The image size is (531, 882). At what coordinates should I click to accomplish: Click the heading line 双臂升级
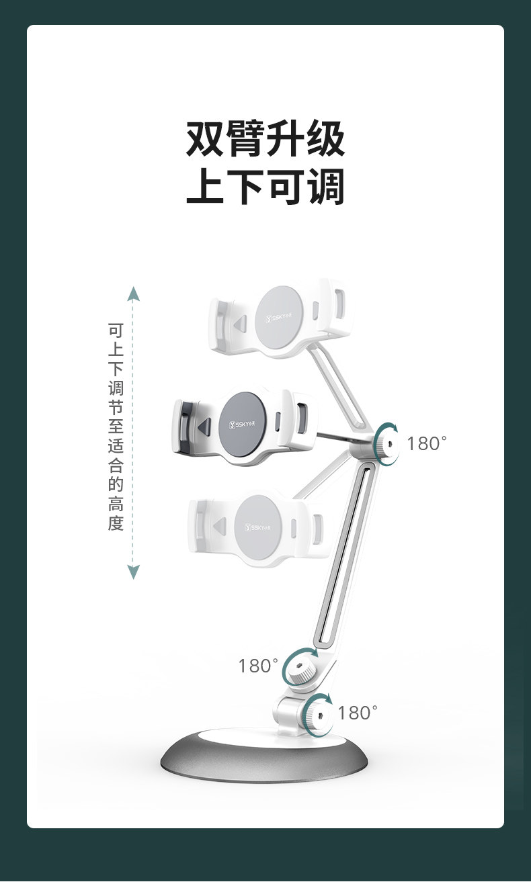pyautogui.click(x=265, y=138)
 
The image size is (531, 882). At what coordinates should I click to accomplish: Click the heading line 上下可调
pyautogui.click(x=265, y=186)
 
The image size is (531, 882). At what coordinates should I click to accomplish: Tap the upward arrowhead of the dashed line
pyautogui.click(x=133, y=294)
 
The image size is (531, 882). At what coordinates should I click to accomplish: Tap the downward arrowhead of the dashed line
pyautogui.click(x=133, y=572)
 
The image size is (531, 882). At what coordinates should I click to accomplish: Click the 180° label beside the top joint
pyautogui.click(x=427, y=443)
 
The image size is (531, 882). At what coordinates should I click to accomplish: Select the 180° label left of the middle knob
pyautogui.click(x=258, y=666)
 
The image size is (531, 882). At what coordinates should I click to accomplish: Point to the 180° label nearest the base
pyautogui.click(x=358, y=713)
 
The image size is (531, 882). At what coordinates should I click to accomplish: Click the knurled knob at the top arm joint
pyautogui.click(x=386, y=445)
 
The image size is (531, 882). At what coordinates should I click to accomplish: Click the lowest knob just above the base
pyautogui.click(x=319, y=715)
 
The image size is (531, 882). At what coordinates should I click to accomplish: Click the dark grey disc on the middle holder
pyautogui.click(x=242, y=424)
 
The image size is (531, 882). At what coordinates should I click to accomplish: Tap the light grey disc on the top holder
pyautogui.click(x=279, y=317)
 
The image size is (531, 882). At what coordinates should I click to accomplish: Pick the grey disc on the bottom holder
pyautogui.click(x=258, y=527)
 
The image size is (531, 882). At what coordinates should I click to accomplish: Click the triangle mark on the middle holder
pyautogui.click(x=204, y=427)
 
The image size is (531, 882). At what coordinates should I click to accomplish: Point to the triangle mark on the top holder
pyautogui.click(x=240, y=323)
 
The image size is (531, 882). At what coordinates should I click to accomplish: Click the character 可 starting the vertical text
pyautogui.click(x=116, y=330)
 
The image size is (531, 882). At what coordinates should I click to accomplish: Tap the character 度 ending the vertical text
pyautogui.click(x=116, y=523)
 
